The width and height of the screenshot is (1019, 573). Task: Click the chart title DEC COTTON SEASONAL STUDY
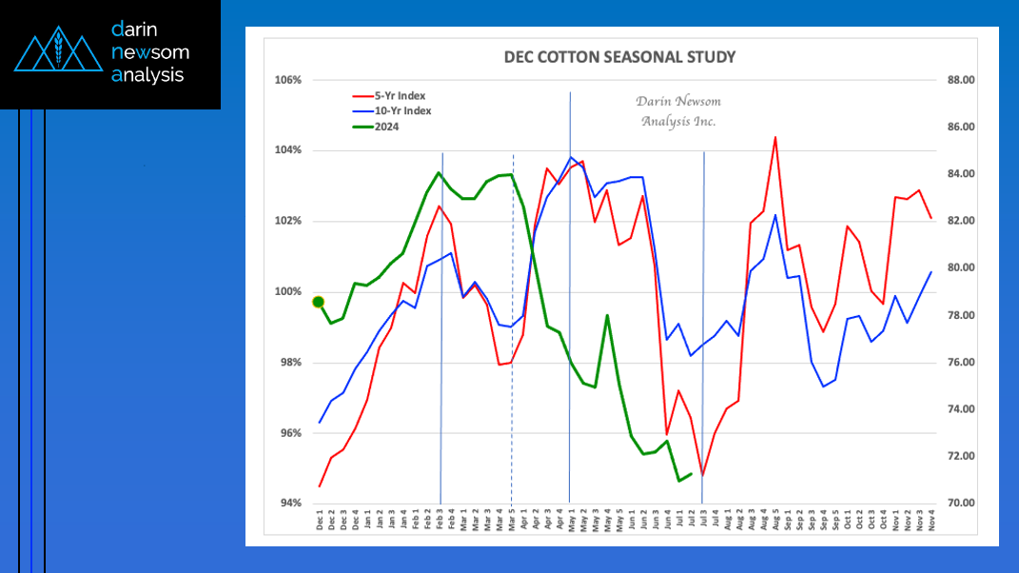tap(619, 57)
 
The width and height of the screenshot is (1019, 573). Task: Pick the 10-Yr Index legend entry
tap(402, 111)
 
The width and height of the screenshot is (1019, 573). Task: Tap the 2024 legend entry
tap(387, 128)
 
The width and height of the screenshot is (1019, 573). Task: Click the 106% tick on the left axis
tap(289, 80)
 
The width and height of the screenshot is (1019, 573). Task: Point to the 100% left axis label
tap(289, 292)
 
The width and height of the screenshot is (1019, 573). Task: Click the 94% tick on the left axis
tap(289, 504)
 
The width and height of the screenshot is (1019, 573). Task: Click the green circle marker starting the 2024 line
tap(319, 302)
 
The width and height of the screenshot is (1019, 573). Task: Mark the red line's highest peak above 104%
tap(775, 137)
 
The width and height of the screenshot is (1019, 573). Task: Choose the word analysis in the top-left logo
tap(147, 75)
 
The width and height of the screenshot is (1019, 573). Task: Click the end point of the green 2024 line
tap(691, 474)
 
